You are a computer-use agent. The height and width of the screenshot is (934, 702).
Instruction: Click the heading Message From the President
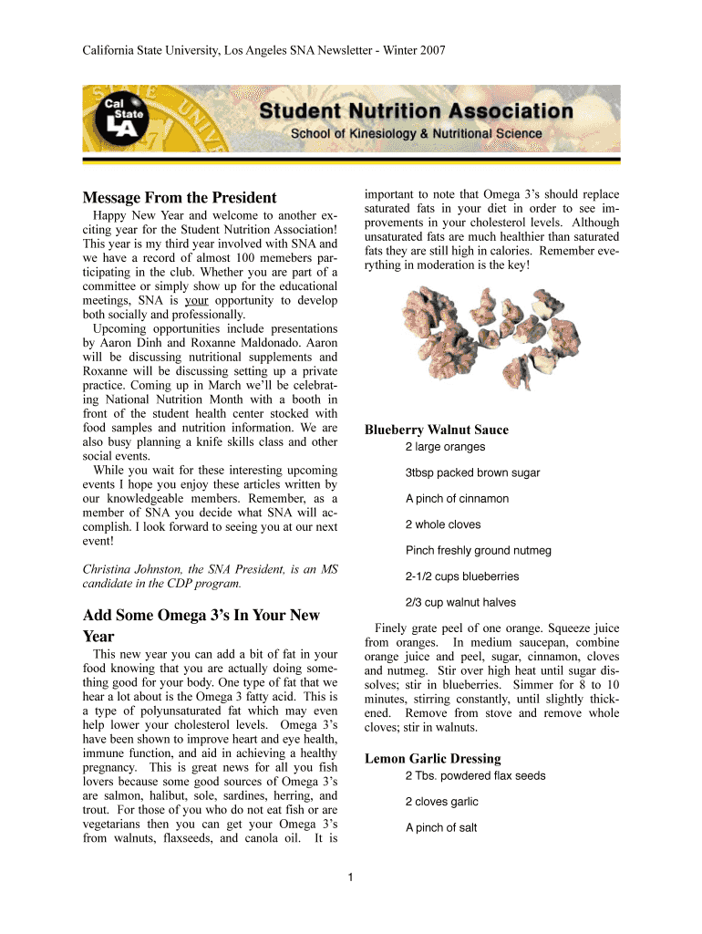coord(180,198)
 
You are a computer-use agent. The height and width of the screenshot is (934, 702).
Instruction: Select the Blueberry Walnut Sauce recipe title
coord(437,430)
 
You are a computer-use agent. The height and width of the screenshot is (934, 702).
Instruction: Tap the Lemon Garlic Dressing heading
coord(433,758)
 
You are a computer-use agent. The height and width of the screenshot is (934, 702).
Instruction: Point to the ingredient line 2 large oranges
coord(445,447)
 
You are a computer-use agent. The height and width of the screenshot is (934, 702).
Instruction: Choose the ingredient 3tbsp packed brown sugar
coord(472,473)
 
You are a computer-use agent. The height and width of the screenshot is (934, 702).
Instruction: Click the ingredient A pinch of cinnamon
coord(457,499)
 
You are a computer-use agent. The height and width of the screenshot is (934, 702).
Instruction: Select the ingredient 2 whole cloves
coord(442,524)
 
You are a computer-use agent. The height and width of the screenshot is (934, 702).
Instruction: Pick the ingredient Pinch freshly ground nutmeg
coord(478,551)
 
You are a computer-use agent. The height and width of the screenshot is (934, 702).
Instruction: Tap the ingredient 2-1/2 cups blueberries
coord(461,576)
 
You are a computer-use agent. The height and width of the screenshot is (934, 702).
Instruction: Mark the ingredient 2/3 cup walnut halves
coord(459,602)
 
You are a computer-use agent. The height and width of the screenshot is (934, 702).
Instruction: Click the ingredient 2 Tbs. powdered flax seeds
coord(475,776)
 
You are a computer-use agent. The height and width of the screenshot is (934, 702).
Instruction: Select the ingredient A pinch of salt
coord(441,828)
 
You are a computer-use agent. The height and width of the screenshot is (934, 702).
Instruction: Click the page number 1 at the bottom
coord(351,878)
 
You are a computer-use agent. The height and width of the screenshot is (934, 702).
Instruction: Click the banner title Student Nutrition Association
coord(416,112)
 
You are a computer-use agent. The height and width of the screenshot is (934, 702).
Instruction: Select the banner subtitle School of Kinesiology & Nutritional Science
coord(416,134)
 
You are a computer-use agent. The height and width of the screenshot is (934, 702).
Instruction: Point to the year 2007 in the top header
coord(432,51)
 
